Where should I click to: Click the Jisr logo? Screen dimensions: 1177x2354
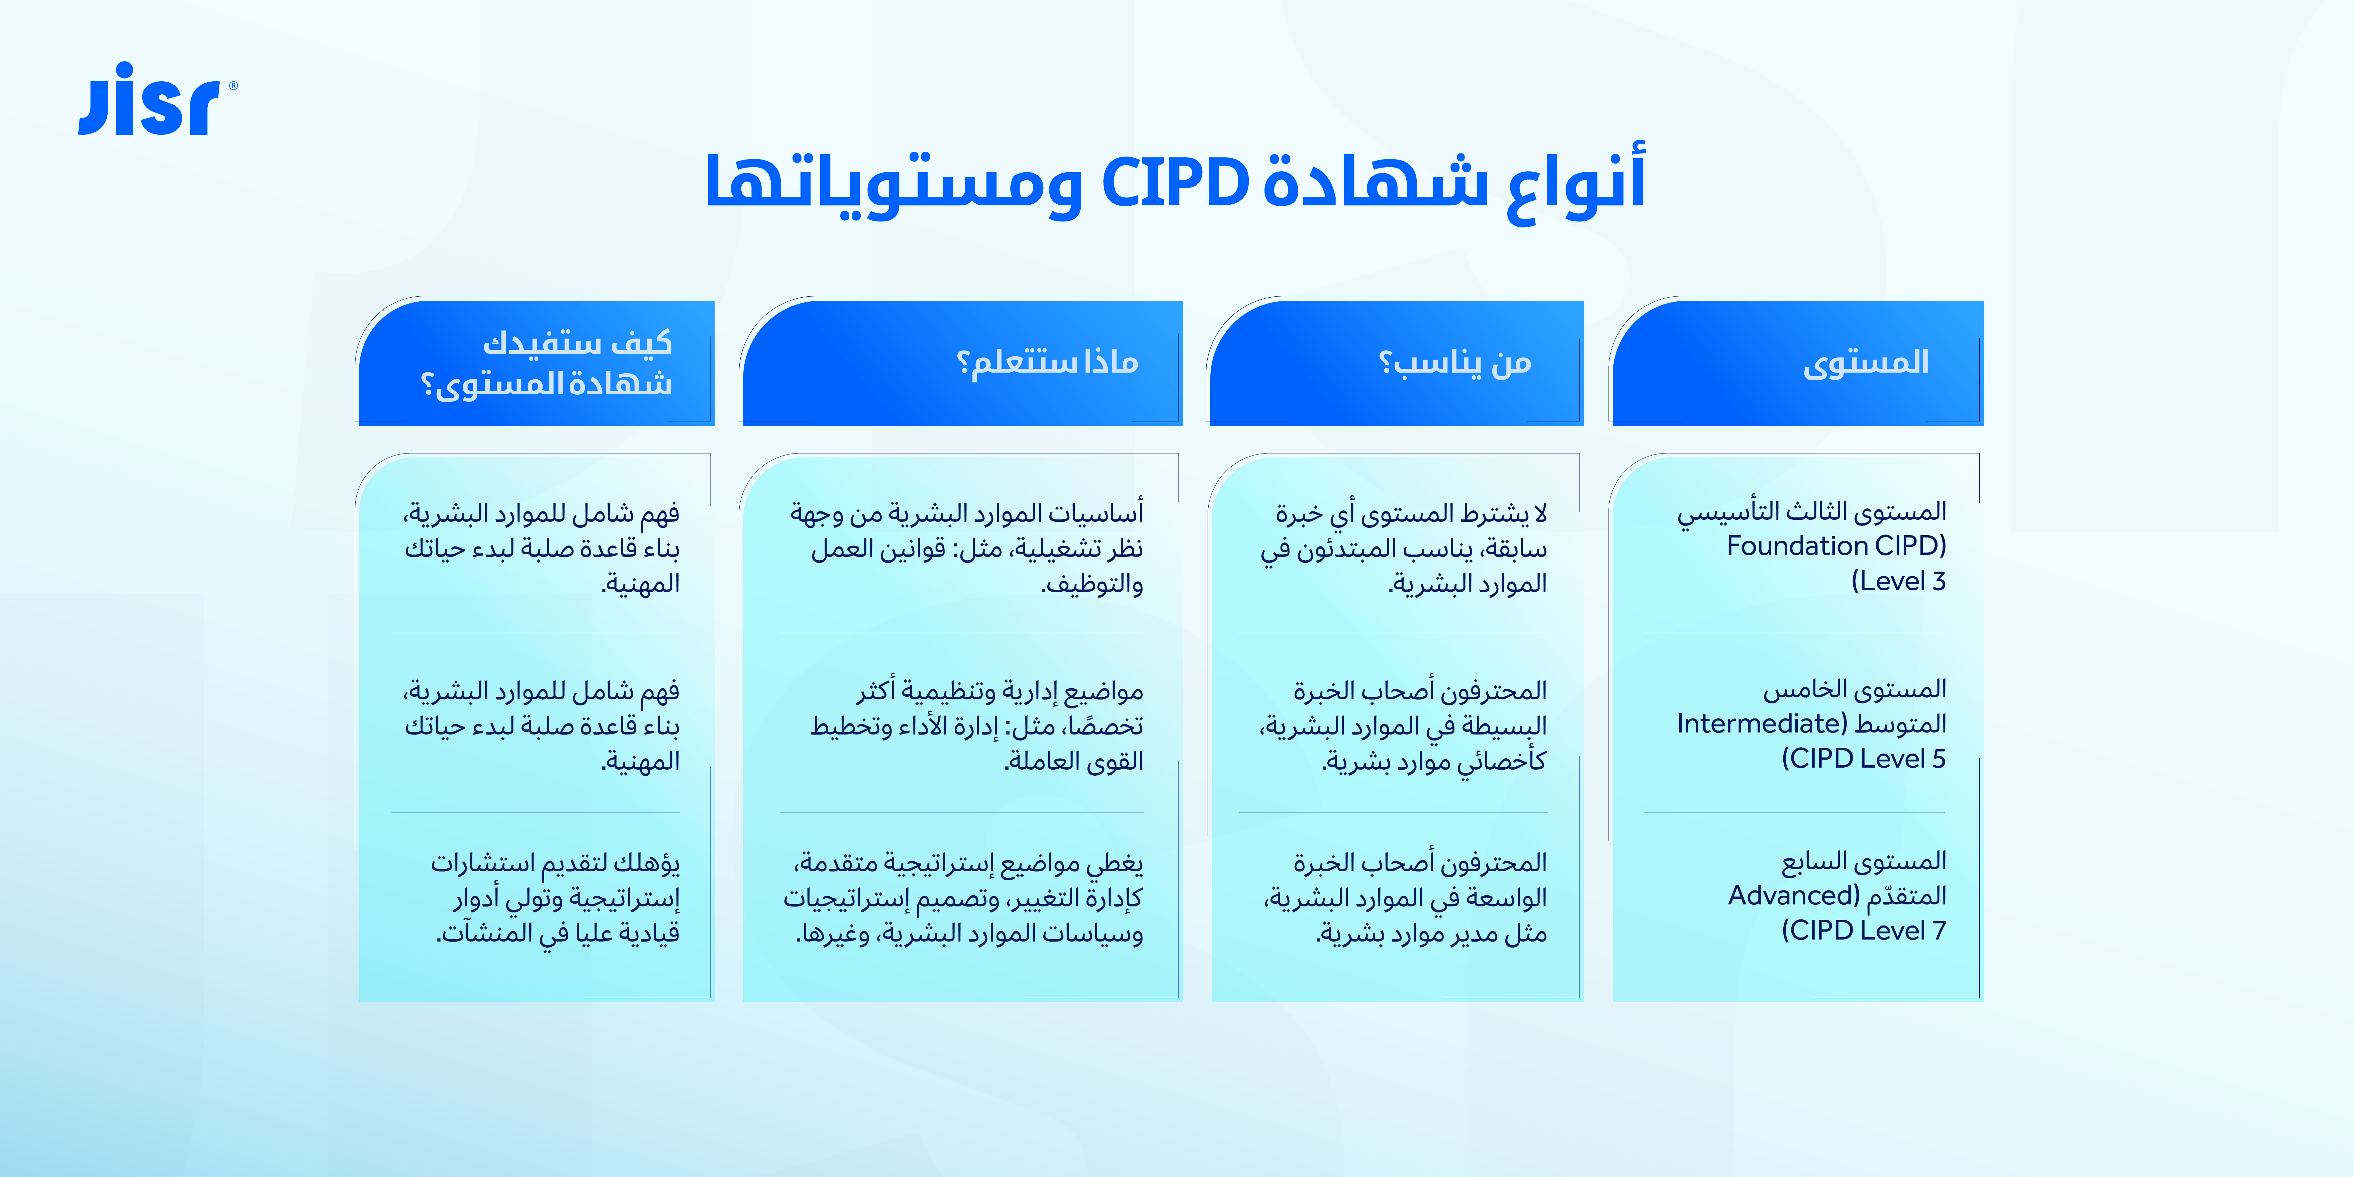155,101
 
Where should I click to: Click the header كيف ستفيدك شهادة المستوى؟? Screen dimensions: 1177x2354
547,363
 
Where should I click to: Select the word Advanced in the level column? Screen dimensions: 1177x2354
1787,896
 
